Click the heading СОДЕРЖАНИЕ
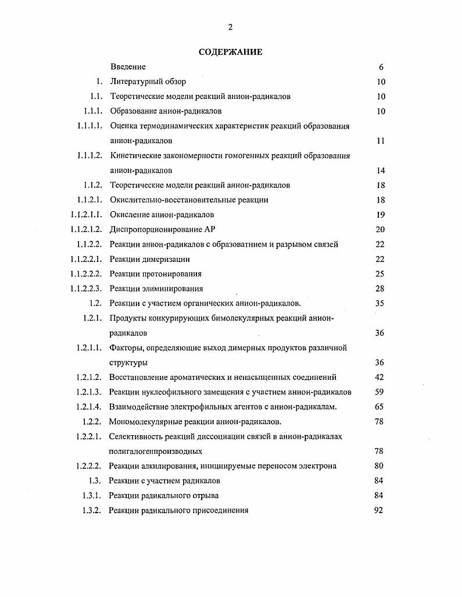(x=230, y=52)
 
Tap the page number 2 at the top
(x=231, y=27)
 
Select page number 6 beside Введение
(x=381, y=67)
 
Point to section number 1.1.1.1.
(x=89, y=126)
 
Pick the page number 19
(x=381, y=215)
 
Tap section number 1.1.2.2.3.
(x=87, y=289)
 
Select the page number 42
(x=380, y=377)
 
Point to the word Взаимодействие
(x=138, y=407)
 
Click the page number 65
(x=380, y=407)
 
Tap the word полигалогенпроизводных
(x=155, y=451)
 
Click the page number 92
(x=379, y=510)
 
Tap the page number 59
(x=380, y=392)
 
